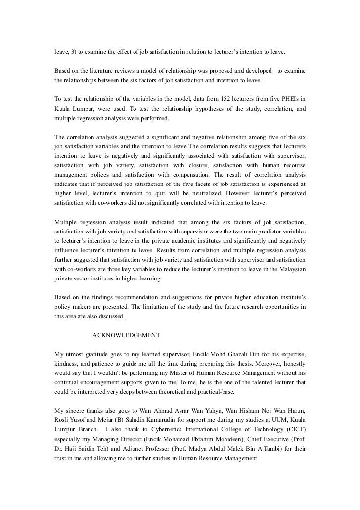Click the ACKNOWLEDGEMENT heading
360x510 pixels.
point(126,335)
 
